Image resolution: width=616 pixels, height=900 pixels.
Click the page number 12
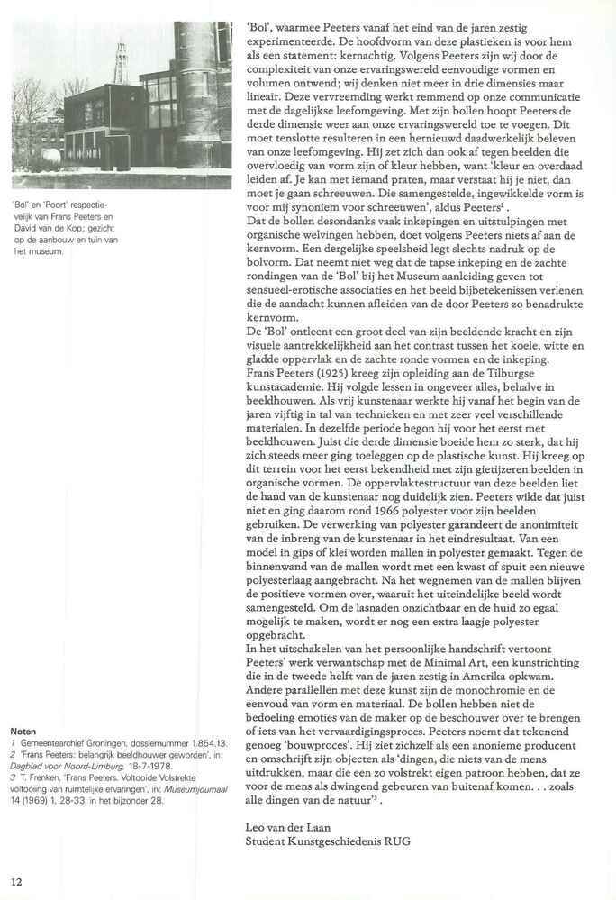17,878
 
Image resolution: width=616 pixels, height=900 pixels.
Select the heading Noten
23,731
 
